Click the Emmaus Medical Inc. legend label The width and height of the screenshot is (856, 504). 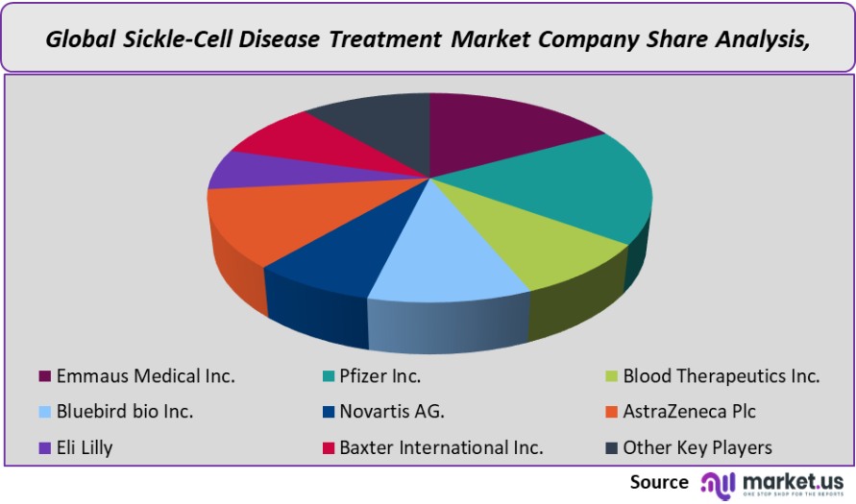tap(145, 375)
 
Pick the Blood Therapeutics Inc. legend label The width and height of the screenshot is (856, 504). tap(721, 375)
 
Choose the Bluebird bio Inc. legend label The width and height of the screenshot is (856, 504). tap(125, 411)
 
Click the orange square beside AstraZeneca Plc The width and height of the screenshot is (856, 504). tap(610, 412)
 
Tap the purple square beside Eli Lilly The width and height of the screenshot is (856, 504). tap(43, 447)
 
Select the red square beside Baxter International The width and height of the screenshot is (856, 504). tap(327, 447)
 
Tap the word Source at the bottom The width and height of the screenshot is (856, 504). tap(659, 482)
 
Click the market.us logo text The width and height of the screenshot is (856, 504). tap(793, 479)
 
